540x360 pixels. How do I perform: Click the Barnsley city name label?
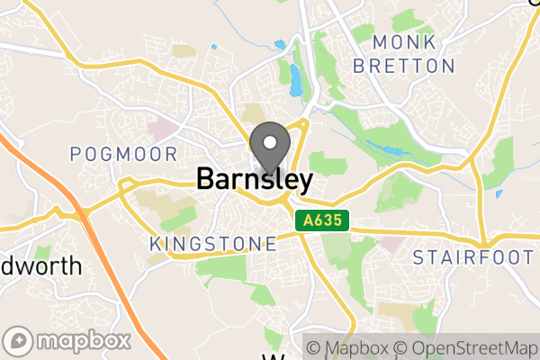pyautogui.click(x=255, y=180)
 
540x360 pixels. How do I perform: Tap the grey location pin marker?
pyautogui.click(x=269, y=149)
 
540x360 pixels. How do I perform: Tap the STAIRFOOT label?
pyautogui.click(x=473, y=258)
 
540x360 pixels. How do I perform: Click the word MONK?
pyautogui.click(x=403, y=43)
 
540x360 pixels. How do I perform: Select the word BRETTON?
pyautogui.click(x=404, y=66)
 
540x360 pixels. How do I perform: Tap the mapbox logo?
pyautogui.click(x=68, y=341)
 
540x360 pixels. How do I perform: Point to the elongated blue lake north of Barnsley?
pyautogui.click(x=296, y=80)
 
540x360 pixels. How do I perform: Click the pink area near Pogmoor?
pyautogui.click(x=164, y=129)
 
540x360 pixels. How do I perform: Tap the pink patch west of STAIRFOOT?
pyautogui.click(x=392, y=242)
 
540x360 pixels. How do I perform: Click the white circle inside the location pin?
pyautogui.click(x=269, y=141)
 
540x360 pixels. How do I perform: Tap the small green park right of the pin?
pyautogui.click(x=327, y=165)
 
